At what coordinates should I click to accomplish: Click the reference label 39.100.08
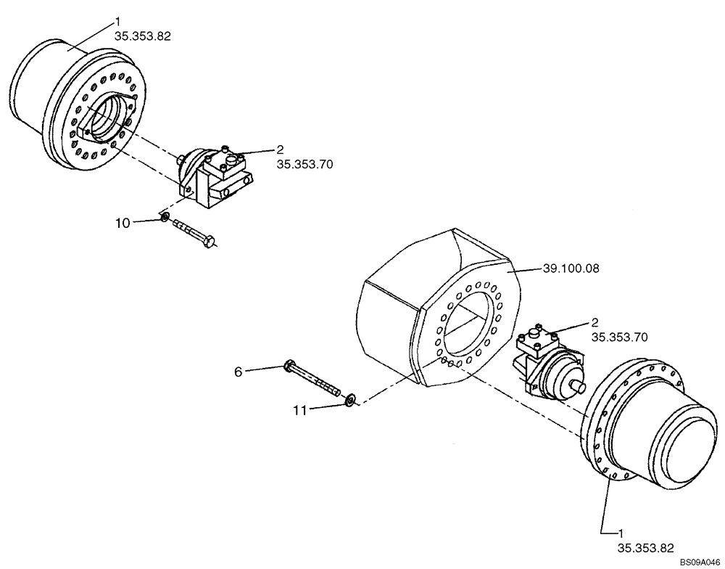tap(571, 268)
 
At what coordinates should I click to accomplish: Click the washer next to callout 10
tap(165, 218)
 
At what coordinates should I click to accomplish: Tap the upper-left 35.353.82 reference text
tap(143, 36)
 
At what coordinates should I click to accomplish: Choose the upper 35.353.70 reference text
tap(304, 165)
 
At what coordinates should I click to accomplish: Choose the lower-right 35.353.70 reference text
tap(620, 337)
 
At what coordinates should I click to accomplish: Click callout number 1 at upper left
tap(117, 22)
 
